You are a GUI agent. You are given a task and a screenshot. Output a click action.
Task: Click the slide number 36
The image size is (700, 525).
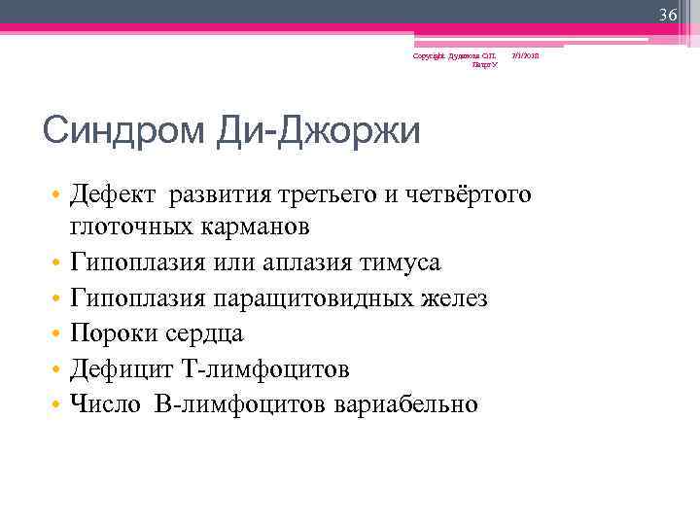pyautogui.click(x=667, y=15)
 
